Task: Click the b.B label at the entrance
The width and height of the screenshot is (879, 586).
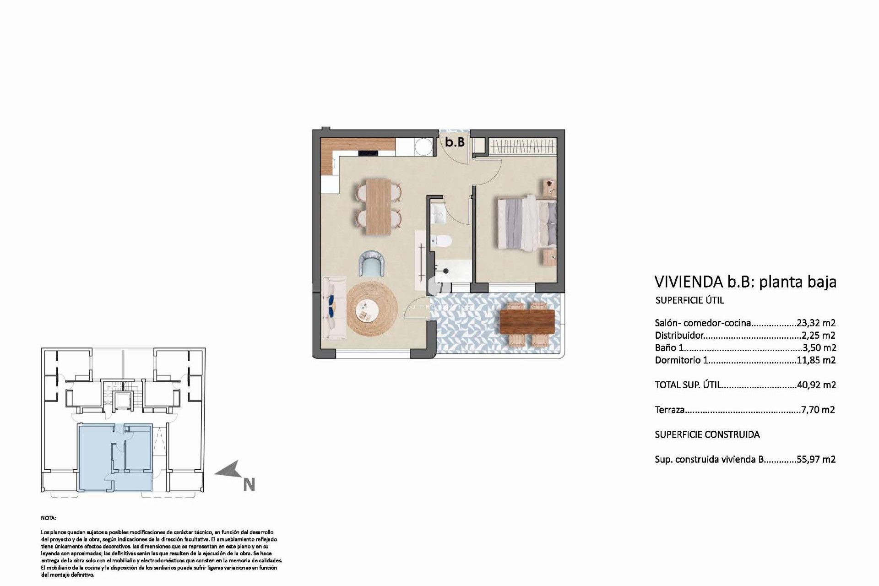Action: point(455,142)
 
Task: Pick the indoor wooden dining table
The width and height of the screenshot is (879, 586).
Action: point(379,206)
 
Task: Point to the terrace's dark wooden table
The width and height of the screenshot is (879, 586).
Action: point(527,321)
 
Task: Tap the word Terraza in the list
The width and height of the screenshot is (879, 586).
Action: point(669,410)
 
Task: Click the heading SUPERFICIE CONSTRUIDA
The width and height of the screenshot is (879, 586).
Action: point(707,434)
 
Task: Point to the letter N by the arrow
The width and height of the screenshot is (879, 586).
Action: point(249,485)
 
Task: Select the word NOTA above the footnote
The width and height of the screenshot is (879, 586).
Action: point(48,518)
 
